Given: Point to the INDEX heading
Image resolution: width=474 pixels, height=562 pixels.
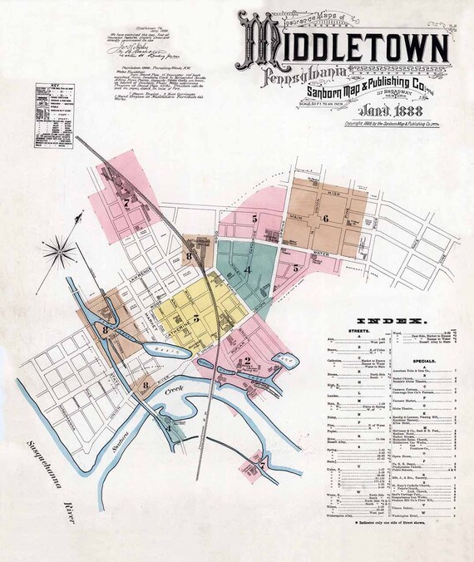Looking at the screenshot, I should pyautogui.click(x=391, y=320).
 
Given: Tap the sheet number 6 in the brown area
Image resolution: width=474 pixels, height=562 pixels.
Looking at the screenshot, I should pyautogui.click(x=327, y=219).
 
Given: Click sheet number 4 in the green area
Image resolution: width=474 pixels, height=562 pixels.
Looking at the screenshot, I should pyautogui.click(x=247, y=271).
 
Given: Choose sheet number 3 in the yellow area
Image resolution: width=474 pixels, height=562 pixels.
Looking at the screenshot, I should pyautogui.click(x=196, y=317).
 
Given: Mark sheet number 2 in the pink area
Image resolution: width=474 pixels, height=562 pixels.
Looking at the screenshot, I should pyautogui.click(x=247, y=360).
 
